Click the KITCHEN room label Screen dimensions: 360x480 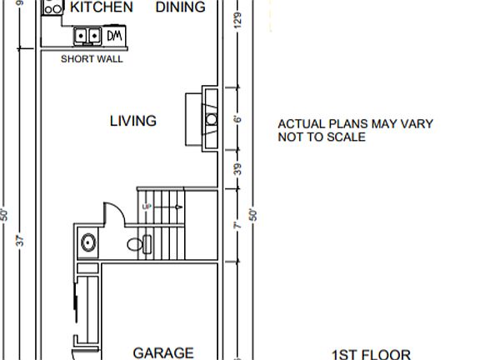coord(101,7)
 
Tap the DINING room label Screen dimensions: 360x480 coord(180,7)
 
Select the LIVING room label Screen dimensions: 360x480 coord(133,121)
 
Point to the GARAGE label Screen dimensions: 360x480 coord(163,352)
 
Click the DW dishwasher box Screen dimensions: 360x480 coord(115,36)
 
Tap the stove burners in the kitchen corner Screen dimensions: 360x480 coord(52,7)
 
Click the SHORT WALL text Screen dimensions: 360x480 coord(92,59)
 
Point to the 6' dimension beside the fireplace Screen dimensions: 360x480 coord(237,119)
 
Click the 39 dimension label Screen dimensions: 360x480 coord(237,169)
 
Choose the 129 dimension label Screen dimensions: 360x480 coord(237,21)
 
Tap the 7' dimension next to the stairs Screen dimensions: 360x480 coord(237,226)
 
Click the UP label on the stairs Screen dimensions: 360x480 coord(148,205)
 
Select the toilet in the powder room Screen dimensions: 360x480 coord(140,245)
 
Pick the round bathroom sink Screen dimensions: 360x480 coord(87,243)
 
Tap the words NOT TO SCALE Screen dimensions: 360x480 coord(322,137)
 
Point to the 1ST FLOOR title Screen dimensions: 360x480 coord(372,353)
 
